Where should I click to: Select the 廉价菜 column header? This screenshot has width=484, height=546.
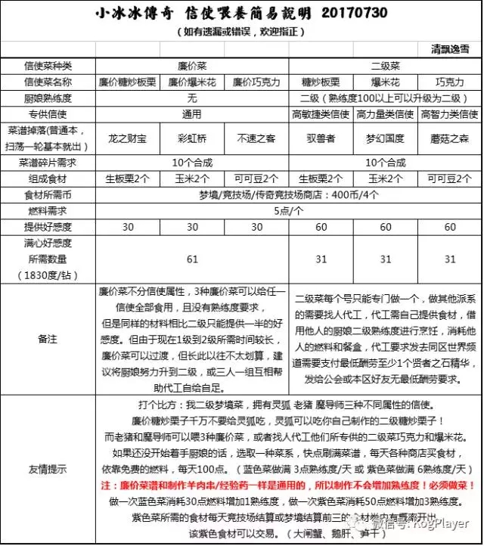[x=191, y=66]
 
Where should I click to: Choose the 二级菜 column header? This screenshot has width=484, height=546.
[x=385, y=66]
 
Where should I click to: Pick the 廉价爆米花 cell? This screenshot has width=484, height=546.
[x=191, y=82]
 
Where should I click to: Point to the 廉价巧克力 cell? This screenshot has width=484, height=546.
[x=256, y=82]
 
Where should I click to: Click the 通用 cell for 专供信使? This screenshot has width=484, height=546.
[x=191, y=114]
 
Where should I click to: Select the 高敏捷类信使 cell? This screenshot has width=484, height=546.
[x=320, y=114]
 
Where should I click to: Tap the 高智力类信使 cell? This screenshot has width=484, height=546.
[x=450, y=114]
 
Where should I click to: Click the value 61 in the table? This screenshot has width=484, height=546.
[x=191, y=259]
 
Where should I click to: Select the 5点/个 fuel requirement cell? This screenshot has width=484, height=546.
[x=289, y=211]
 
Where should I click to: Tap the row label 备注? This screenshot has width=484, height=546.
[x=48, y=340]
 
